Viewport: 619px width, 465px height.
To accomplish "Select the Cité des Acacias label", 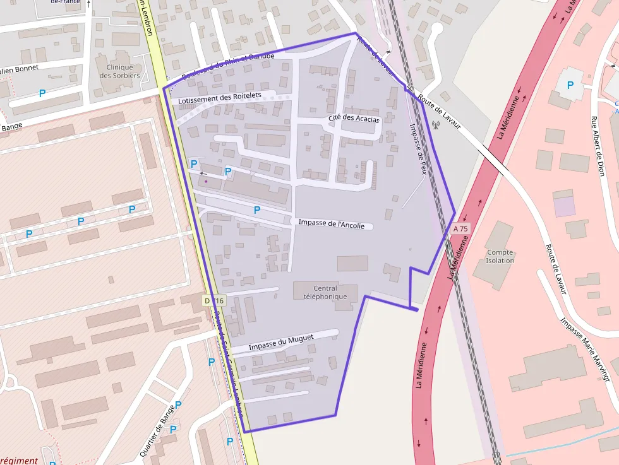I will [x=354, y=119].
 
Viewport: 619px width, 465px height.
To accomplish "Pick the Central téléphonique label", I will [x=325, y=293].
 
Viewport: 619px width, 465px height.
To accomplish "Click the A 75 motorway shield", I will [x=461, y=228].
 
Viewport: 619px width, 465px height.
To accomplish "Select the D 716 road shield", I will [x=214, y=300].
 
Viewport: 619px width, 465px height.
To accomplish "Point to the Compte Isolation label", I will [x=500, y=256].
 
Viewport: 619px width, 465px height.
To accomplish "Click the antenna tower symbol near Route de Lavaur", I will [x=435, y=124].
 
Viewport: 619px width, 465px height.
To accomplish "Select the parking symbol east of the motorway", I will [x=570, y=85].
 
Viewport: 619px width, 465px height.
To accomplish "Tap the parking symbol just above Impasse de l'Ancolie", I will [x=257, y=210].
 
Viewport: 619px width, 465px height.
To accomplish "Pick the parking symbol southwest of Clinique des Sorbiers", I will [x=42, y=93].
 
